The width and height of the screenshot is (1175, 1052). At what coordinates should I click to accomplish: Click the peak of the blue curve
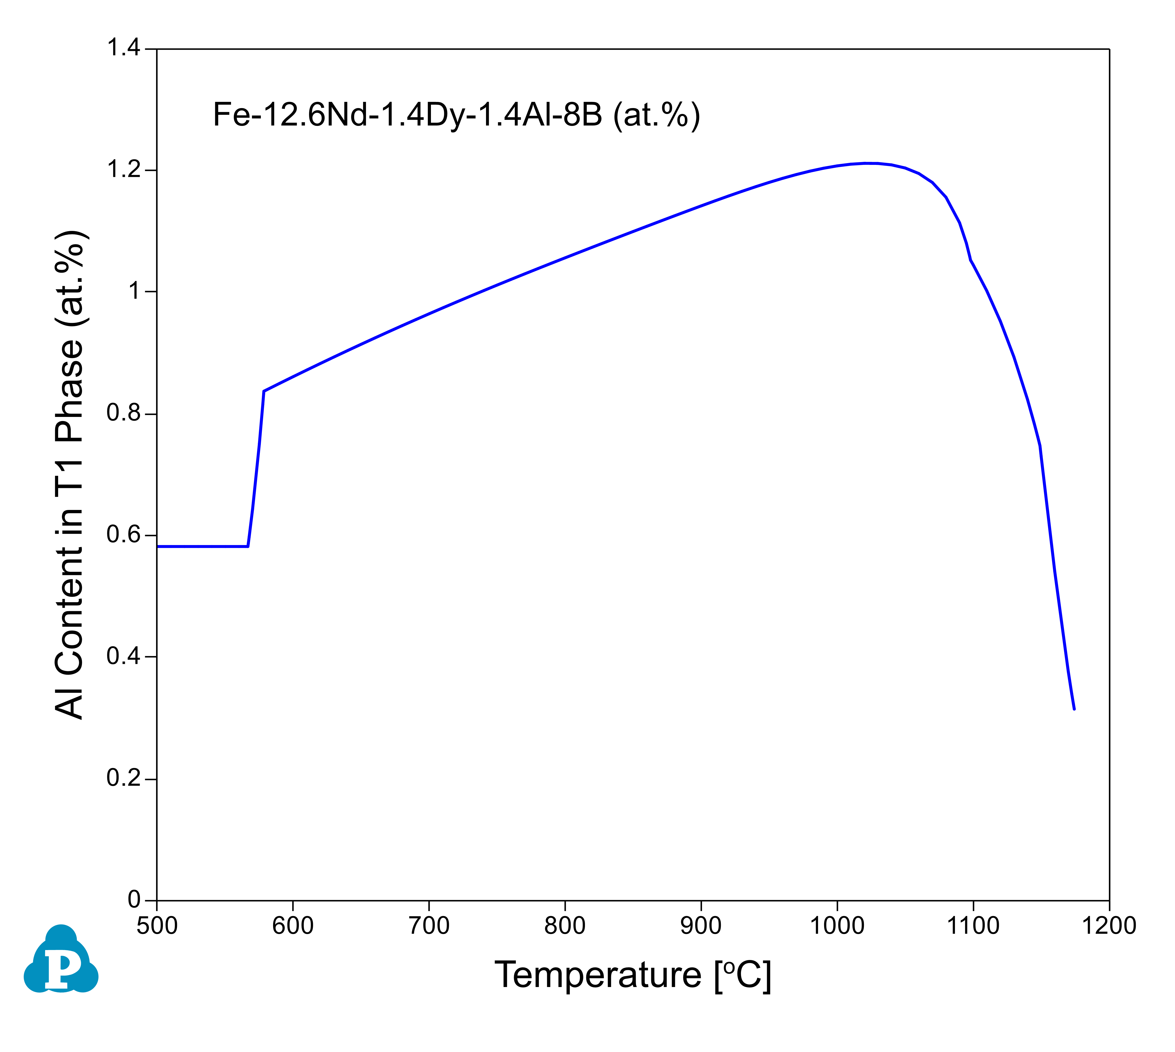[x=866, y=163]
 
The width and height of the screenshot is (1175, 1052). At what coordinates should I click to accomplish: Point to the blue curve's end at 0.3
[x=1074, y=709]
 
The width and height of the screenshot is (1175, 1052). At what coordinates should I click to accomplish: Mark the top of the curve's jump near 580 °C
[x=264, y=391]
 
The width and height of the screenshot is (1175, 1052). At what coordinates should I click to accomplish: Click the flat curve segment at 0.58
[x=202, y=546]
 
